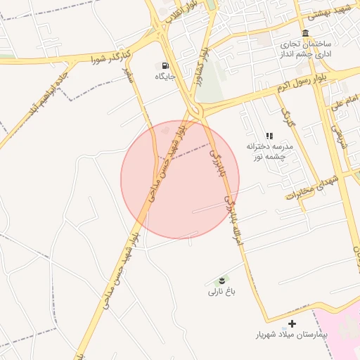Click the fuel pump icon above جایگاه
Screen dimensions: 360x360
(165, 65)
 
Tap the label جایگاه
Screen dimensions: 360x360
(165, 75)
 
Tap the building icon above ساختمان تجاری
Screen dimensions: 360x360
(304, 34)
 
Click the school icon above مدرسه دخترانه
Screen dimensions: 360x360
(269, 136)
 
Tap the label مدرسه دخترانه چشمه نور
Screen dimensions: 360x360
(268, 150)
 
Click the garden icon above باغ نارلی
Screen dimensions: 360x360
(224, 281)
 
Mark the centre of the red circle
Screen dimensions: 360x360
(180, 179)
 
